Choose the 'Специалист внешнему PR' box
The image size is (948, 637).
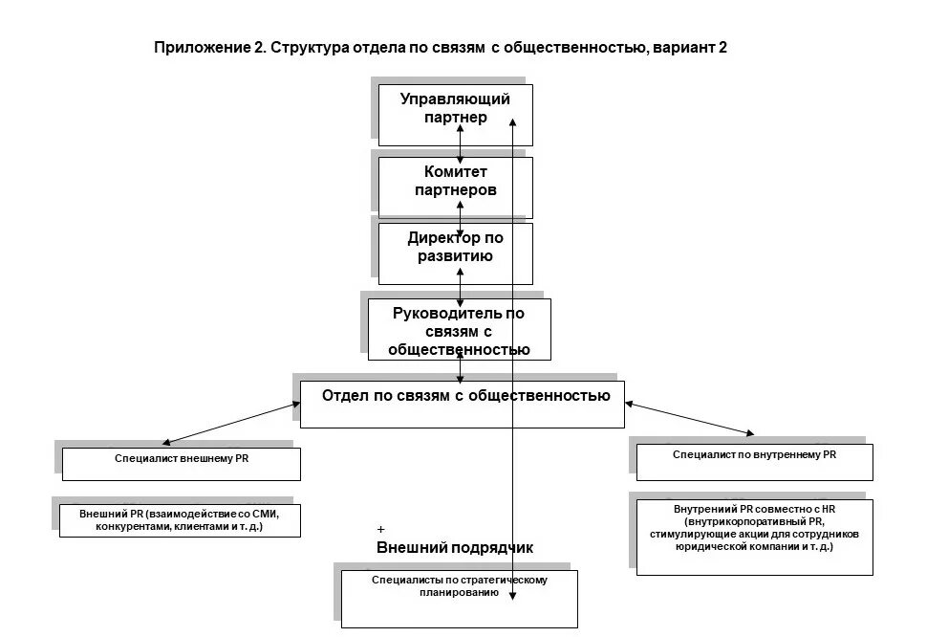click(x=182, y=464)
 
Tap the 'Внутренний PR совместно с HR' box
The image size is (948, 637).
click(x=754, y=536)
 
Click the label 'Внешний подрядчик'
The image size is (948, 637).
click(x=454, y=548)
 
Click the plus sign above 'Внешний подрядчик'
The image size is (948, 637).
click(x=381, y=529)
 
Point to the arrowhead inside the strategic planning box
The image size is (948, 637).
click(x=513, y=595)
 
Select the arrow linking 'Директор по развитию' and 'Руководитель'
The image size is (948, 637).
click(x=461, y=286)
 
